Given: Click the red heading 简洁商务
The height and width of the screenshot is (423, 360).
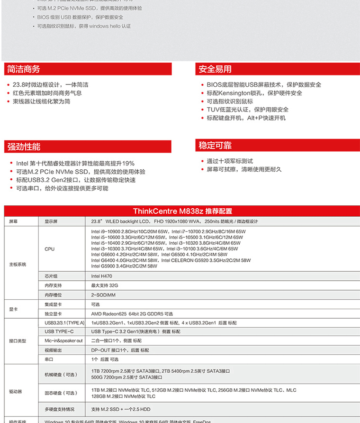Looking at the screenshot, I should (x=23, y=69).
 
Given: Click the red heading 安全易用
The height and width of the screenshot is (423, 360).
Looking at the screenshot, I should (x=215, y=69).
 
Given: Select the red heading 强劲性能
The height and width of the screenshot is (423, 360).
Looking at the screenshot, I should (x=24, y=147).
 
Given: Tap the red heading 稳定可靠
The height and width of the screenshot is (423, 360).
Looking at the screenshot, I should (x=215, y=145).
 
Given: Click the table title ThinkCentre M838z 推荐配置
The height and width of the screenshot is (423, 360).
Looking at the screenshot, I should (x=182, y=211).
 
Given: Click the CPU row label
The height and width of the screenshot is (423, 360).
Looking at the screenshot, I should (x=49, y=249).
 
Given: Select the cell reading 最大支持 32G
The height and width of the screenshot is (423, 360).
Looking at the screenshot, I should (x=104, y=285).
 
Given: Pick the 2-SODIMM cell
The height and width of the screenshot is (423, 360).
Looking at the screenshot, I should (x=103, y=295).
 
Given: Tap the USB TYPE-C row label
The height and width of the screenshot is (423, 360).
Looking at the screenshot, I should (x=59, y=331).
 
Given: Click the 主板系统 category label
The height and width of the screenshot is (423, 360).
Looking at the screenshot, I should (x=18, y=264).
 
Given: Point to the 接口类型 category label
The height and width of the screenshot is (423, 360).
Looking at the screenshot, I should (x=18, y=340).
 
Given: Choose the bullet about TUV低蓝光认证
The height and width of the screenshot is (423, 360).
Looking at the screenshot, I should (x=247, y=110).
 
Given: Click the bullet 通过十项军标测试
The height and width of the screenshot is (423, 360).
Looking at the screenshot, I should (x=230, y=161).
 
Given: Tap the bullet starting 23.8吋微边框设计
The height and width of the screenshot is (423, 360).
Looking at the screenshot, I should (x=50, y=85).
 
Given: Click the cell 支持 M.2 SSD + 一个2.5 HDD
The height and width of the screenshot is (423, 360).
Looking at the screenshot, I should (x=121, y=409).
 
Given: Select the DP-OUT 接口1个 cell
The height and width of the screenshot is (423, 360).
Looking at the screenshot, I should (x=119, y=350).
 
